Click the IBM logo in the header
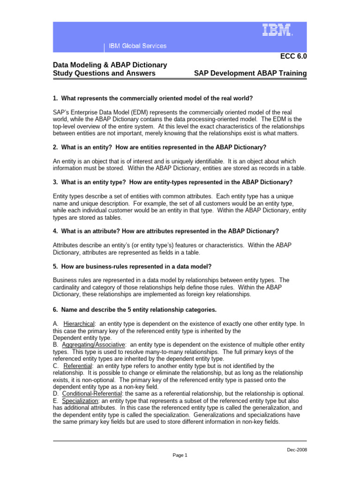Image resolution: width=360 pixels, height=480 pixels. click(x=277, y=30)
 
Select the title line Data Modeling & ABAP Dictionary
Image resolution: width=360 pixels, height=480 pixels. click(x=110, y=65)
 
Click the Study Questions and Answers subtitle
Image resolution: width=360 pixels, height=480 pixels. click(x=104, y=73)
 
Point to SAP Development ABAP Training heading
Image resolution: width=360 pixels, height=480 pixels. click(x=250, y=73)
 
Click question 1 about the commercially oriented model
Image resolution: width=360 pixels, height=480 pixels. click(x=153, y=98)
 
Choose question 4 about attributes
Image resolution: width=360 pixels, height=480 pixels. click(x=166, y=231)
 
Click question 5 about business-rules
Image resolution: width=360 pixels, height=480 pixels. click(x=132, y=266)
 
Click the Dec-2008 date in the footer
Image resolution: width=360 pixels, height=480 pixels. click(x=297, y=450)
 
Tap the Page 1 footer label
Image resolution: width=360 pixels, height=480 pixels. click(x=180, y=455)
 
